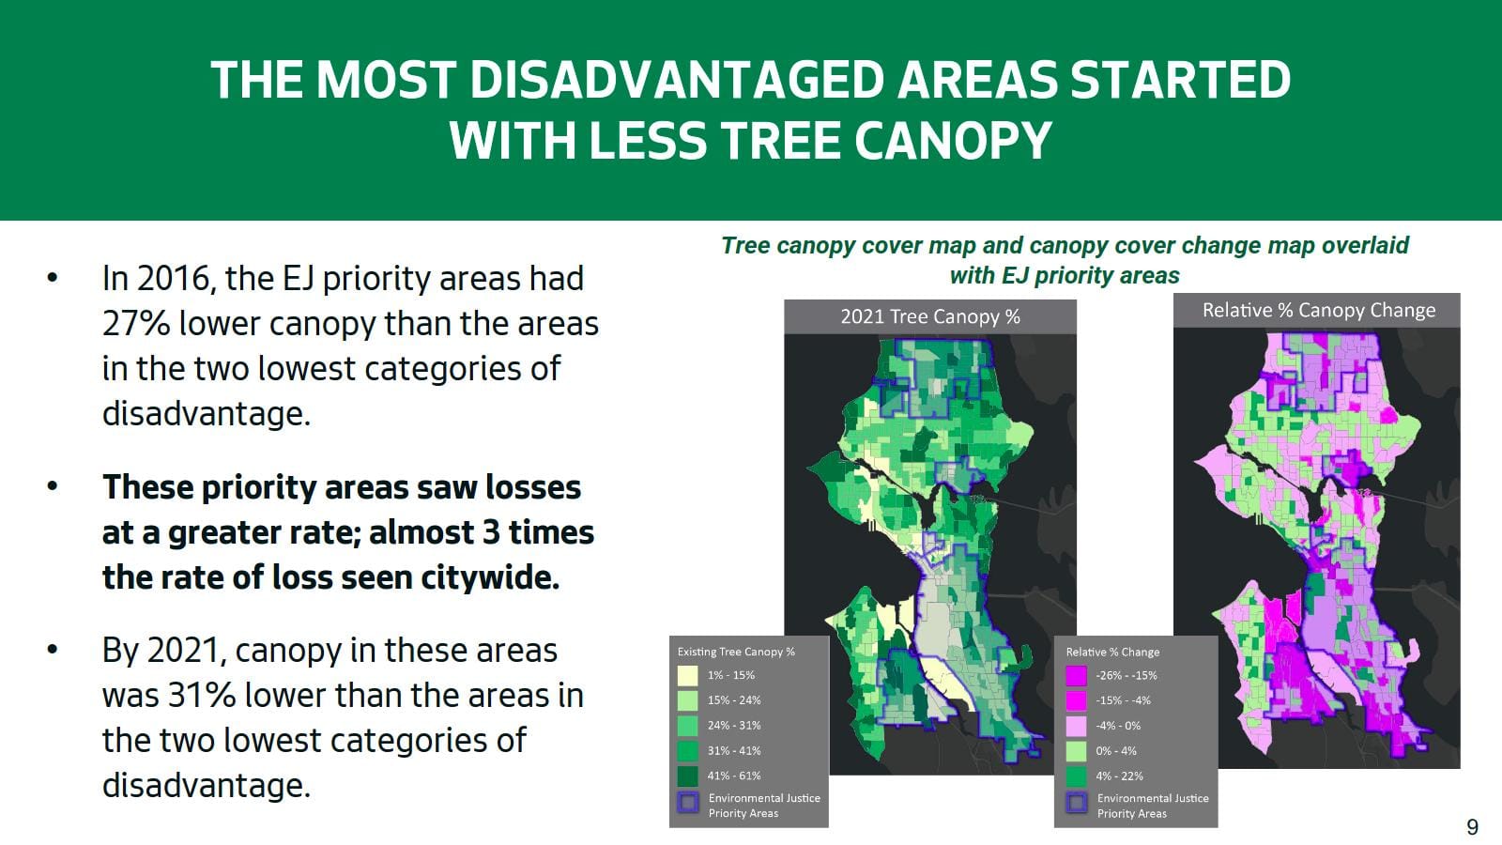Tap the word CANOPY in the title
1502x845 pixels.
coord(953,141)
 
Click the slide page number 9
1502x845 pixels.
coord(1472,827)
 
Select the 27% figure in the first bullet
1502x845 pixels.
coord(135,324)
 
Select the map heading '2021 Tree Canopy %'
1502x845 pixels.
coord(929,316)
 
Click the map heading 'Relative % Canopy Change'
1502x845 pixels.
coord(1318,310)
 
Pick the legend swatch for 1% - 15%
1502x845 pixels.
coord(687,675)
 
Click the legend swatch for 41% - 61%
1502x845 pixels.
coord(687,776)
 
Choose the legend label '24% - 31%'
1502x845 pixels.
coord(733,726)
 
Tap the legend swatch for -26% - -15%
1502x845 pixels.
coord(1076,675)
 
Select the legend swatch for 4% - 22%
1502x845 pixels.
coord(1076,776)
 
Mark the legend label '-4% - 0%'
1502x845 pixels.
coord(1118,726)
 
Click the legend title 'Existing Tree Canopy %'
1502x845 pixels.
coord(736,652)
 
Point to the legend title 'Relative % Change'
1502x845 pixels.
coord(1112,652)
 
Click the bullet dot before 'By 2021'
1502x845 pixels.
coord(53,650)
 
